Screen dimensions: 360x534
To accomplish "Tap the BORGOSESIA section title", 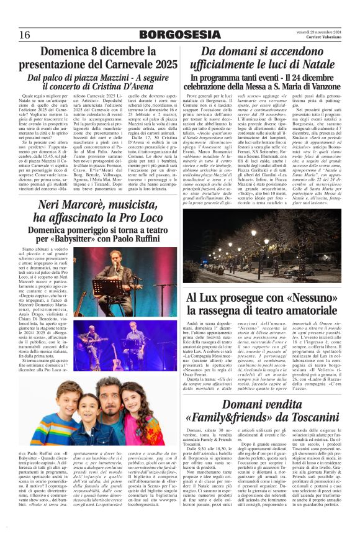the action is point(179,34).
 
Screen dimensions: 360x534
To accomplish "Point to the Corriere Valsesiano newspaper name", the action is point(323,38).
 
